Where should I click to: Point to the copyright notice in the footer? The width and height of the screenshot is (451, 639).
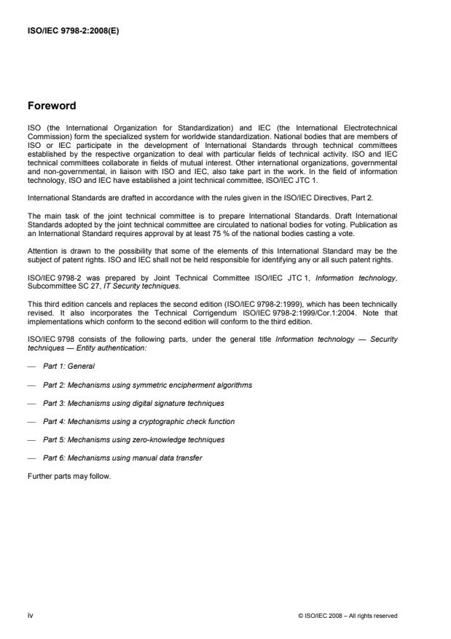348,616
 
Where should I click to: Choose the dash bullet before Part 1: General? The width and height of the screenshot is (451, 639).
31,366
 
